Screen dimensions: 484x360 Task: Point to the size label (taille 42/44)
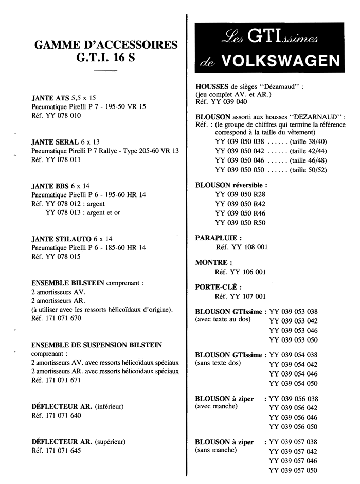pos(308,151)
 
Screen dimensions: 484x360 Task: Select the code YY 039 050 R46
pos(240,212)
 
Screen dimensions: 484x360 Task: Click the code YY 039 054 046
pos(293,373)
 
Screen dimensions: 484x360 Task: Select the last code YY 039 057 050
pos(293,470)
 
